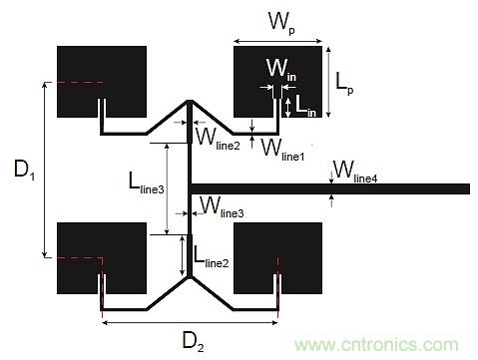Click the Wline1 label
(283, 151)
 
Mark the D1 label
(25, 171)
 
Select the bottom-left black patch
(90, 254)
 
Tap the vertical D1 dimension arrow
(44, 170)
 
